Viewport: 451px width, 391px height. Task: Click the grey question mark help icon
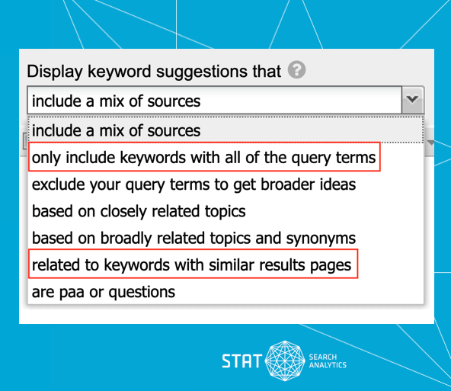click(296, 69)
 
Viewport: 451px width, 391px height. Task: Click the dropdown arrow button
click(412, 100)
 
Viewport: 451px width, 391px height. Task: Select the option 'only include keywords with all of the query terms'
click(203, 157)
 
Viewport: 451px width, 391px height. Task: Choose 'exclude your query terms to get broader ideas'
click(194, 184)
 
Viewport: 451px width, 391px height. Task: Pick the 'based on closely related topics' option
click(139, 211)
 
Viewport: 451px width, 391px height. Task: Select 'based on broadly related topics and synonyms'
click(194, 239)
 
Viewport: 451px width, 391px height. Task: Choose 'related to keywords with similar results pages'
click(191, 265)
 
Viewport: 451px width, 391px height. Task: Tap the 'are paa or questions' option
click(104, 292)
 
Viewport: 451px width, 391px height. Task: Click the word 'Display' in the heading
click(55, 72)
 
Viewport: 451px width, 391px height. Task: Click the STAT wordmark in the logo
click(241, 361)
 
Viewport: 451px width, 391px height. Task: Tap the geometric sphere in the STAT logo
click(285, 361)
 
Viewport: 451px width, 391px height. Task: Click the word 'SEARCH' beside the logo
click(323, 357)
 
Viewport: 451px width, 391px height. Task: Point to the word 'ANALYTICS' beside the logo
click(328, 365)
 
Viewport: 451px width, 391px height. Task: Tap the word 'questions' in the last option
click(142, 293)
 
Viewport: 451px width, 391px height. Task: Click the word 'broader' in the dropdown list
click(287, 184)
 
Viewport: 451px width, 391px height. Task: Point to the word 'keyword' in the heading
click(119, 72)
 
